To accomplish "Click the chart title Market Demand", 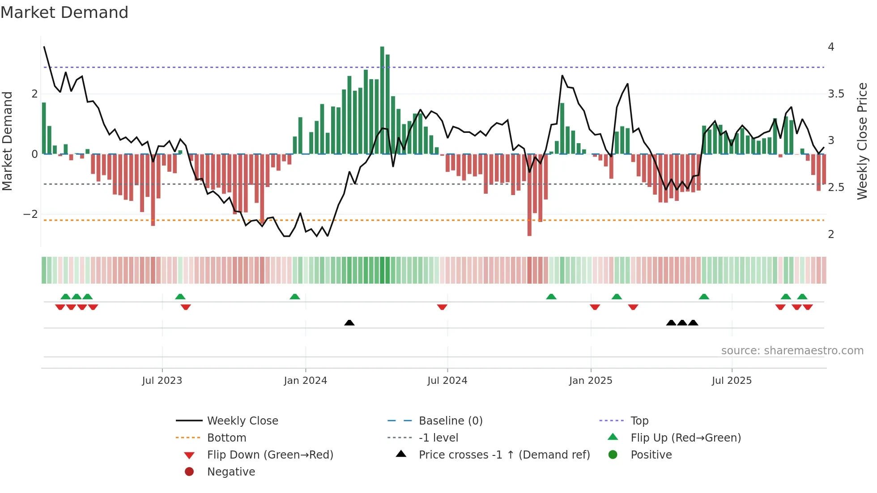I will coord(64,13).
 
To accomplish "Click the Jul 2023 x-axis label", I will coord(162,381).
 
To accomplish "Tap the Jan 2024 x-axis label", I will coord(306,381).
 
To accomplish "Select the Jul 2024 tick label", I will coord(447,381).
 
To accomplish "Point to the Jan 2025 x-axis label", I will coord(591,381).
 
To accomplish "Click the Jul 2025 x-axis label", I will coord(732,381).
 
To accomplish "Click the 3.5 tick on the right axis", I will coord(835,94).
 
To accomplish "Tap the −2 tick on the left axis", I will coord(30,214).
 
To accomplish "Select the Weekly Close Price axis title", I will coord(862,141).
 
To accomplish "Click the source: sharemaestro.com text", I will coord(792,351).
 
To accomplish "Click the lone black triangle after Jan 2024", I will coord(349,323).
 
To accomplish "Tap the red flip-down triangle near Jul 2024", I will coord(442,307).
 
